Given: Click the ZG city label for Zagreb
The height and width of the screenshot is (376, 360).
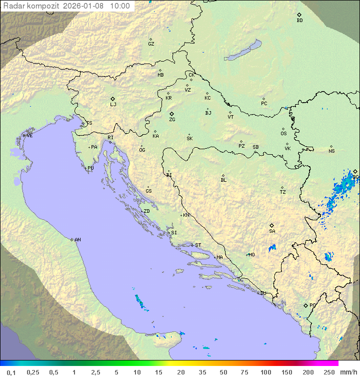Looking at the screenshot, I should [x=172, y=120].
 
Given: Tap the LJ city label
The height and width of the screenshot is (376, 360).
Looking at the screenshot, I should [x=113, y=105].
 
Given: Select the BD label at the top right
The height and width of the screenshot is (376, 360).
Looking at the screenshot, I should [x=299, y=21].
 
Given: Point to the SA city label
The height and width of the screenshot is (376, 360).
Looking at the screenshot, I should [x=272, y=231].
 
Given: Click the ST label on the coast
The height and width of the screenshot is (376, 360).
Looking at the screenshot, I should [x=198, y=245].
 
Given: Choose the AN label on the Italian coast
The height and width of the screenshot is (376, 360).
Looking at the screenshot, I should [x=77, y=240].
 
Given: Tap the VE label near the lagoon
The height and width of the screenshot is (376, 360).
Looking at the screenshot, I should [x=29, y=136].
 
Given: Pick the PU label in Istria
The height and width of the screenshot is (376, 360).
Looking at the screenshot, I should [x=90, y=168].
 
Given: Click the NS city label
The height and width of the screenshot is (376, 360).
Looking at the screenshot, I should [x=331, y=151].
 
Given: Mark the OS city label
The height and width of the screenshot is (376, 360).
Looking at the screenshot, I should [x=283, y=134].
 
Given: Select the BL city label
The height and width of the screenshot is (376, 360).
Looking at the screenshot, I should [x=223, y=180].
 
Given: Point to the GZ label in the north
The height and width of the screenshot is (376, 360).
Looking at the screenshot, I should [x=151, y=44].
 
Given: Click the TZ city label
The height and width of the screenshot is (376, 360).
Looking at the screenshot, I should [x=283, y=192].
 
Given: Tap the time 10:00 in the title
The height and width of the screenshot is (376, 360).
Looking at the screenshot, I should [x=120, y=6].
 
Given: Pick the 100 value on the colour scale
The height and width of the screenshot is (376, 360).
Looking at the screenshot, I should [x=265, y=372].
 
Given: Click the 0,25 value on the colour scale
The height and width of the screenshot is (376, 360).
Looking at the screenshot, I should [x=33, y=372].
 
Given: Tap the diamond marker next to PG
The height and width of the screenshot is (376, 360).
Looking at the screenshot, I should [x=305, y=305].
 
